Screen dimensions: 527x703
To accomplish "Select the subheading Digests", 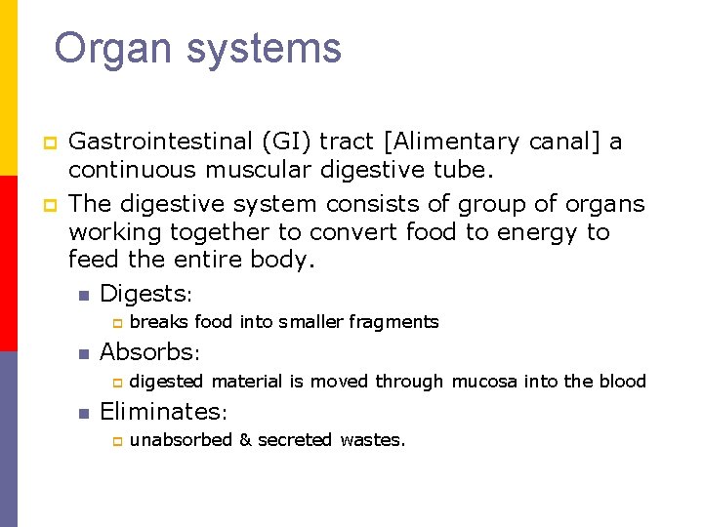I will (x=145, y=293).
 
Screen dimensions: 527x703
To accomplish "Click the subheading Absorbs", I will (x=148, y=352).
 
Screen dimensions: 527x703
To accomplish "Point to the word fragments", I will (x=393, y=322).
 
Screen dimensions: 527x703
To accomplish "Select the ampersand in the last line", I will (x=245, y=440).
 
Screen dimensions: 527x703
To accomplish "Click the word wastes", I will (x=372, y=440).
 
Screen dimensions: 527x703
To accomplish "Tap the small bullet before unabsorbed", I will (x=115, y=441).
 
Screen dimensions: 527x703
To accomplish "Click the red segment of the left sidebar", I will (x=9, y=263).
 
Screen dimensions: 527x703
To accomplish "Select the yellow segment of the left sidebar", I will (x=9, y=88).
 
